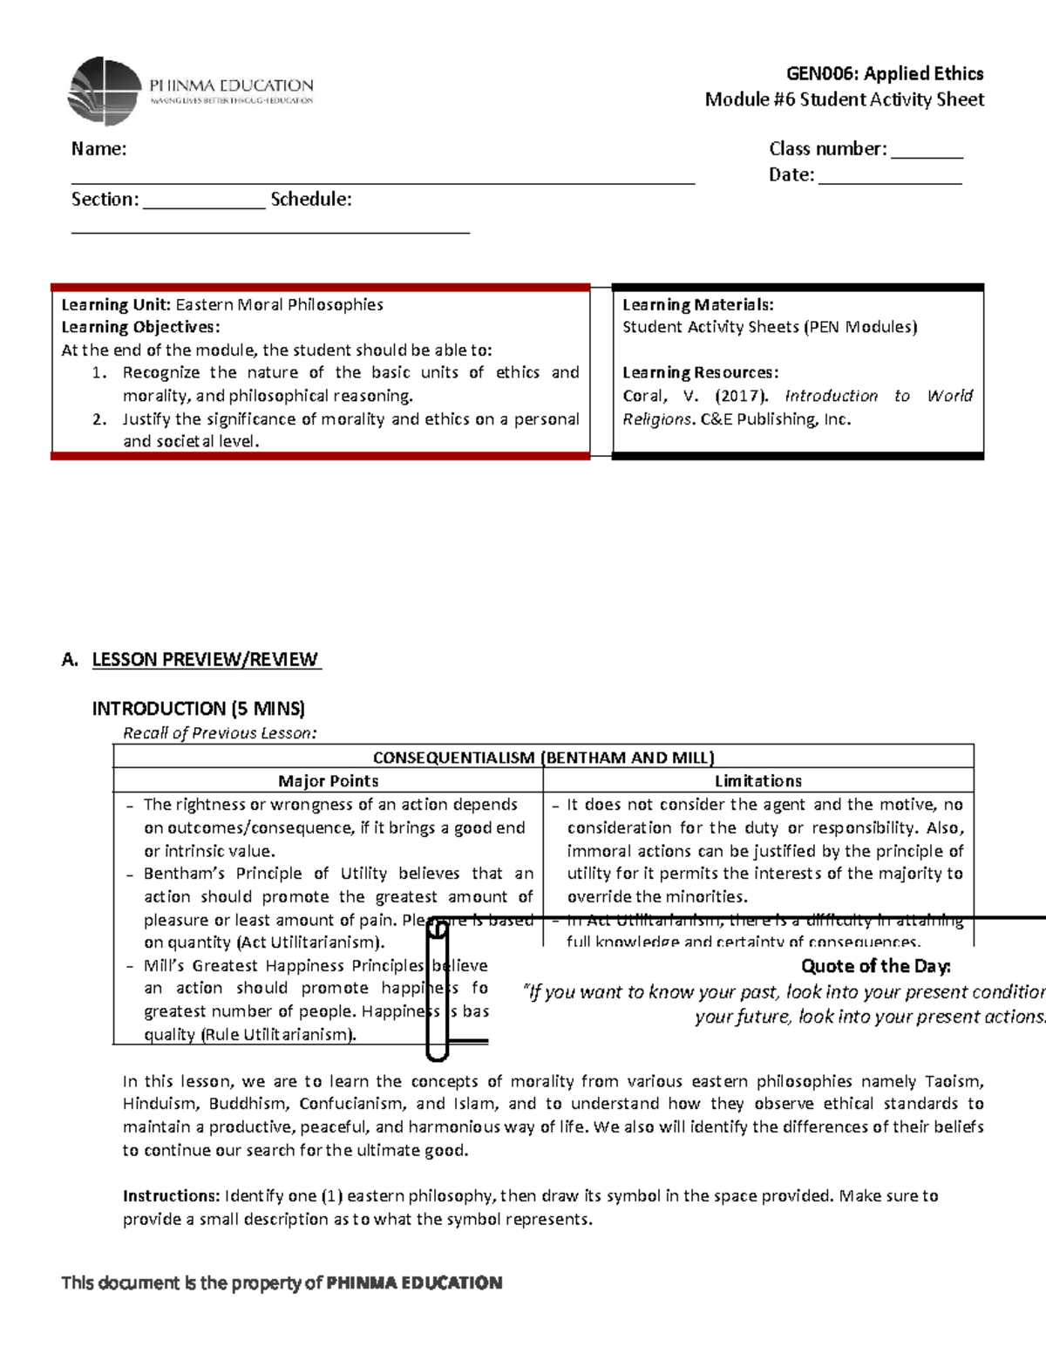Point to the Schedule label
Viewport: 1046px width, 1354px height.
tap(311, 200)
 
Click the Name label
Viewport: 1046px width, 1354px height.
tap(98, 149)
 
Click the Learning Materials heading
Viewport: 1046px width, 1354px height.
tap(697, 305)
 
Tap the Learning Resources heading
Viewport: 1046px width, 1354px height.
tap(700, 373)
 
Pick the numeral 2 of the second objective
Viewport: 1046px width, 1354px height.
tap(99, 419)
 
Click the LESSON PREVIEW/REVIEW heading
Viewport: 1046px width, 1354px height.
tap(206, 659)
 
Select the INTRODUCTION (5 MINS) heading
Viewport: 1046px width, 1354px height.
tap(198, 708)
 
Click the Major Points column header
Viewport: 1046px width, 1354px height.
tap(328, 781)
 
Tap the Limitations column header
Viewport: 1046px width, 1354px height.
tap(757, 781)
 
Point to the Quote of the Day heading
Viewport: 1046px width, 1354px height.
tap(875, 966)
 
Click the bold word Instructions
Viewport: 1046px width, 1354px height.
tap(171, 1196)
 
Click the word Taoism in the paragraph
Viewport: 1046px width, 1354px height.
tap(954, 1081)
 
